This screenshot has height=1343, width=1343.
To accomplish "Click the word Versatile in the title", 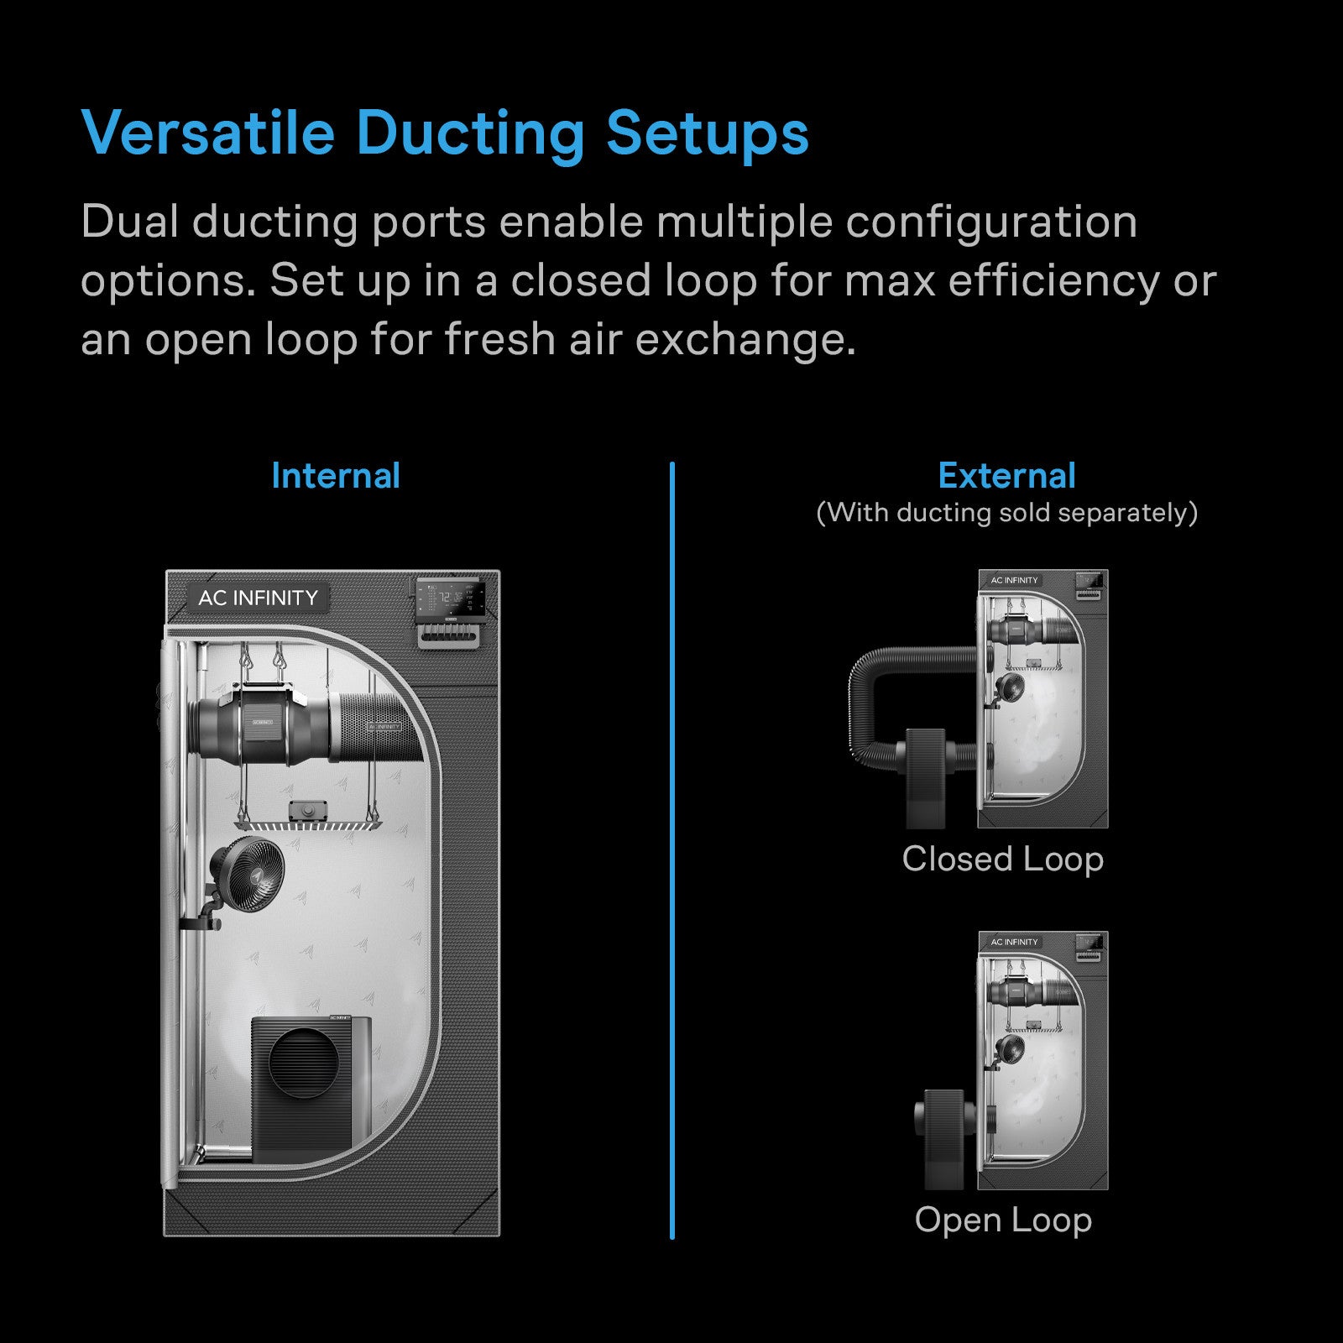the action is click(x=208, y=133).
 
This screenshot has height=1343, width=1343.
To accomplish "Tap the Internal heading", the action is click(x=336, y=476).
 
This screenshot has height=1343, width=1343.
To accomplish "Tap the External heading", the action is click(x=1006, y=476).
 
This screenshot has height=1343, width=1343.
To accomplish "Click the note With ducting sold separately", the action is click(x=1006, y=512).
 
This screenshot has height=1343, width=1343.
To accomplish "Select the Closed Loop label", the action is click(x=1003, y=859).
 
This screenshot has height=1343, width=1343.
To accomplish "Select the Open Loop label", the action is click(x=1003, y=1220).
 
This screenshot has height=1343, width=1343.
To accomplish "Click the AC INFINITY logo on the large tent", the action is click(x=258, y=598).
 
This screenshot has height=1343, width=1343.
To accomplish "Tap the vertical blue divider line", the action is click(x=672, y=849).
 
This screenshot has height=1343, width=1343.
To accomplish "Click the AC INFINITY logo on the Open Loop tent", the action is click(x=1014, y=942).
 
